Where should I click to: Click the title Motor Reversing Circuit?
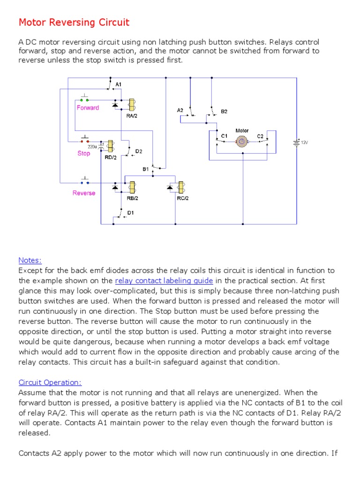pos(74,22)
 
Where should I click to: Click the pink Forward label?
pos(88,108)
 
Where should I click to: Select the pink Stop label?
pos(84,153)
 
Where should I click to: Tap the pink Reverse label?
pos(84,193)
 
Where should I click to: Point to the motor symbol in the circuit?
pos(242,141)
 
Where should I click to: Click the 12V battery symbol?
pos(296,142)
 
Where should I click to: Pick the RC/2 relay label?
pos(182,198)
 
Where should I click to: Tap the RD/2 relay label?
pos(110,158)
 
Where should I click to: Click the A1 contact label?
pos(119,84)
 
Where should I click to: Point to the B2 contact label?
pos(224,112)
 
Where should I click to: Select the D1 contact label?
pos(131,213)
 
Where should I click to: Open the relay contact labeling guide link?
pos(164,281)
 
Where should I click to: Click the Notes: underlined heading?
pos(30,260)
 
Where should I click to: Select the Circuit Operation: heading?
pos(50,382)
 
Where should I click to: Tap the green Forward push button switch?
pos(85,100)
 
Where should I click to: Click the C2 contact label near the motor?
pos(260,136)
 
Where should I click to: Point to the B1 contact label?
pos(145,168)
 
